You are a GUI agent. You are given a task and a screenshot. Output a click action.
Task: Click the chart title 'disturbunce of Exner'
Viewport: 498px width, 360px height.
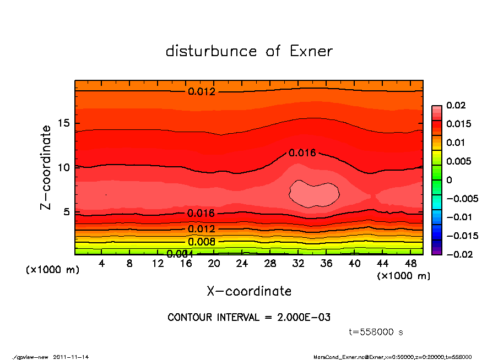[x=249, y=51]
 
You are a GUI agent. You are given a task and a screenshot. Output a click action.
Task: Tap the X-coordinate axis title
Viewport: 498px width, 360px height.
[x=249, y=291]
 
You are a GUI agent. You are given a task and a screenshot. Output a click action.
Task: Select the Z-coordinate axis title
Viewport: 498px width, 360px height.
[x=46, y=167]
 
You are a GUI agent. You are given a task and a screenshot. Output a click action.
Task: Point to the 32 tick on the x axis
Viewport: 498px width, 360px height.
[x=298, y=264]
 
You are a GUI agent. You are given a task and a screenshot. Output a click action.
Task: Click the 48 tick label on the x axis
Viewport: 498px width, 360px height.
[x=410, y=264]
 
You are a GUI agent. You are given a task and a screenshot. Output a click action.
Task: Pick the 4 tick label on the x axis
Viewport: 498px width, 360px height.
[x=102, y=264]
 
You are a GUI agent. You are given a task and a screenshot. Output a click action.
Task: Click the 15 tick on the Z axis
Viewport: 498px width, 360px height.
[x=64, y=124]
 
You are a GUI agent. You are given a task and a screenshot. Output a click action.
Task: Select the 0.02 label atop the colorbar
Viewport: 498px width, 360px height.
[x=456, y=105]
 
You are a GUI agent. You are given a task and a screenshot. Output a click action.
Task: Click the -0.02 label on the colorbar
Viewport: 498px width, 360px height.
[x=458, y=254]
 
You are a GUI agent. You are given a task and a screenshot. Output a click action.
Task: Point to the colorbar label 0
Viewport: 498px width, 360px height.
[x=449, y=179]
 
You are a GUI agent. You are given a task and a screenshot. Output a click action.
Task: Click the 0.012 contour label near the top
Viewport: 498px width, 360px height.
[x=202, y=91]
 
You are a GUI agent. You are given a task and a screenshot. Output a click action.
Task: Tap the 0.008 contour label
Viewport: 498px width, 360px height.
[x=202, y=242]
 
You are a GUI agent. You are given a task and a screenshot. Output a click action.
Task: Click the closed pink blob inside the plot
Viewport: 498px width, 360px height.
[x=313, y=193]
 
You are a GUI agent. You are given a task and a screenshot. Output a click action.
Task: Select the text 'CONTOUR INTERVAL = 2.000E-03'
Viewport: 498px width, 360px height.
[x=249, y=318]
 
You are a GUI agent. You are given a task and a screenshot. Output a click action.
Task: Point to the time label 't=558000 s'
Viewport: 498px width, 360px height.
[x=376, y=332]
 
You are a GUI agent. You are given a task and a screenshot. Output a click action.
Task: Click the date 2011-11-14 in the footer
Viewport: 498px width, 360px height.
[x=71, y=357]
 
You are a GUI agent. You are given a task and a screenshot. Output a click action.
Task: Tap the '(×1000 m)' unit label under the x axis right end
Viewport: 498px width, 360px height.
[x=403, y=276]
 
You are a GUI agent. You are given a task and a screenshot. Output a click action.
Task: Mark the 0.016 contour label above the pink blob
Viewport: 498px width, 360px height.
[x=302, y=152]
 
